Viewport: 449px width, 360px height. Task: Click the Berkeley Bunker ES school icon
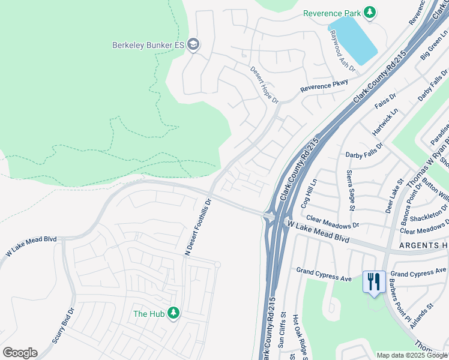(x=193, y=45)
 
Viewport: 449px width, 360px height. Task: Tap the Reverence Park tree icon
(x=370, y=13)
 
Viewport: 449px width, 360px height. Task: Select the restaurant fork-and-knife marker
(x=373, y=281)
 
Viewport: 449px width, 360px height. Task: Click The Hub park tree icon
(x=173, y=313)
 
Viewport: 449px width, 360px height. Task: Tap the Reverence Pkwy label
(x=324, y=86)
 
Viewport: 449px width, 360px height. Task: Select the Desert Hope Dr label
(x=265, y=85)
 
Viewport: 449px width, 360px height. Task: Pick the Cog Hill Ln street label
(x=311, y=191)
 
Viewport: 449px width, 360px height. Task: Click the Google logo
(x=20, y=353)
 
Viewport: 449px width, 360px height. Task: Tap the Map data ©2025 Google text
(x=412, y=355)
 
